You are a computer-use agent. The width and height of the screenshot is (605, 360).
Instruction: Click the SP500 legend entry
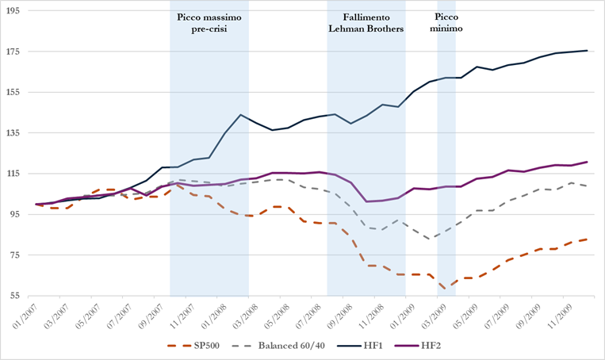[x=200, y=347]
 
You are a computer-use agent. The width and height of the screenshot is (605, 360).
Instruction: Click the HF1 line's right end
[x=587, y=51]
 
